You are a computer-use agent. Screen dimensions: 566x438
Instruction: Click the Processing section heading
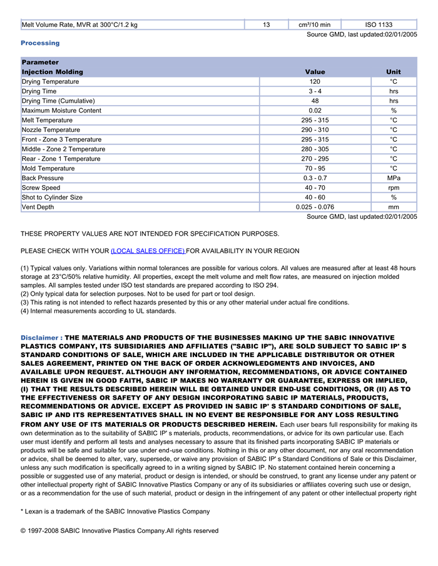(x=40, y=43)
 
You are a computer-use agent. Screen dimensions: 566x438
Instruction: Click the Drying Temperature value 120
(x=315, y=82)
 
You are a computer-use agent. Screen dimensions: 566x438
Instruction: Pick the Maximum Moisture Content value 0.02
(x=315, y=111)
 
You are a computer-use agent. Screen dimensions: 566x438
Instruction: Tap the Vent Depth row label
(x=38, y=207)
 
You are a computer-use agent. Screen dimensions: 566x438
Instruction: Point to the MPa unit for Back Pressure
(x=394, y=178)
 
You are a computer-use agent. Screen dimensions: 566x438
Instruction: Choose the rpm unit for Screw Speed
(x=394, y=188)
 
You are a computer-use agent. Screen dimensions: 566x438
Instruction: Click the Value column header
(x=315, y=72)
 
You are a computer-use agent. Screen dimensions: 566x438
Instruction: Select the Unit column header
(x=394, y=72)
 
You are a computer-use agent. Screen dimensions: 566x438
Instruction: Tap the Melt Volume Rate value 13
(x=267, y=25)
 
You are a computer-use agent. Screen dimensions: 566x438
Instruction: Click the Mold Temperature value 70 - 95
(x=315, y=168)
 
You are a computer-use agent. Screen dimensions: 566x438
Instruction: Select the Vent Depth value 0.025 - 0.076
(x=315, y=207)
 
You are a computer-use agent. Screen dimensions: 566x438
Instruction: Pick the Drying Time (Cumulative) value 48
(x=315, y=101)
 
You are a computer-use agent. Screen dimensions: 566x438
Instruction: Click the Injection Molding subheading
(x=53, y=72)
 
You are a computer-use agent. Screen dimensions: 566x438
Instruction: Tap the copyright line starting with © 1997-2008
(x=120, y=531)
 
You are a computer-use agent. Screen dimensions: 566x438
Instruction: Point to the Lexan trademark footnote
(x=115, y=512)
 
